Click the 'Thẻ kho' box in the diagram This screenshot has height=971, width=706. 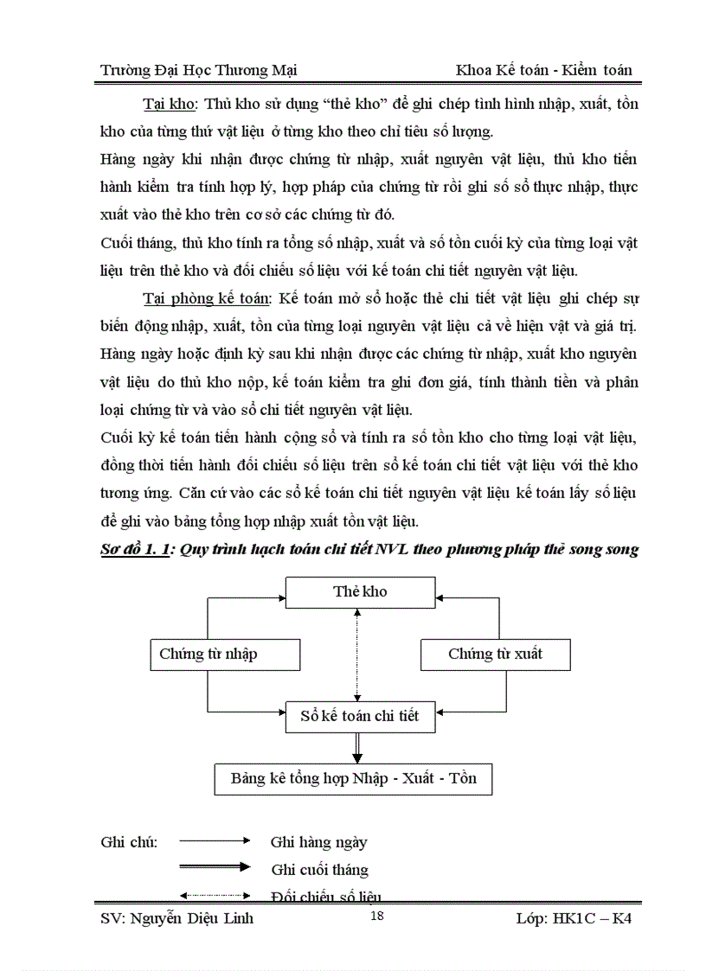[x=360, y=592]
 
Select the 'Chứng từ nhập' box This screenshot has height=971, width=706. [x=209, y=655]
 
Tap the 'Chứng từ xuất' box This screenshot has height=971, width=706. [x=495, y=655]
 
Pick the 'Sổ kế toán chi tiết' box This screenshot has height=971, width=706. [x=359, y=716]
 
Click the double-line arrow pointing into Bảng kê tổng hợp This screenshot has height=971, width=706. [x=356, y=746]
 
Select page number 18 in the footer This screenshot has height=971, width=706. [x=376, y=917]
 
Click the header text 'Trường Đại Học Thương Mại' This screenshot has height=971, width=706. [x=199, y=70]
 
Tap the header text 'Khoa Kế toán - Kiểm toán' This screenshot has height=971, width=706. [x=545, y=70]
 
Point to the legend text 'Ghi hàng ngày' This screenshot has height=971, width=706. [x=318, y=842]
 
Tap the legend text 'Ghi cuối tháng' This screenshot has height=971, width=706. [x=319, y=870]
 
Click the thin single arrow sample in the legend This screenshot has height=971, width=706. [x=215, y=840]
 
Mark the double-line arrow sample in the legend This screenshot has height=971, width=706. [x=215, y=867]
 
